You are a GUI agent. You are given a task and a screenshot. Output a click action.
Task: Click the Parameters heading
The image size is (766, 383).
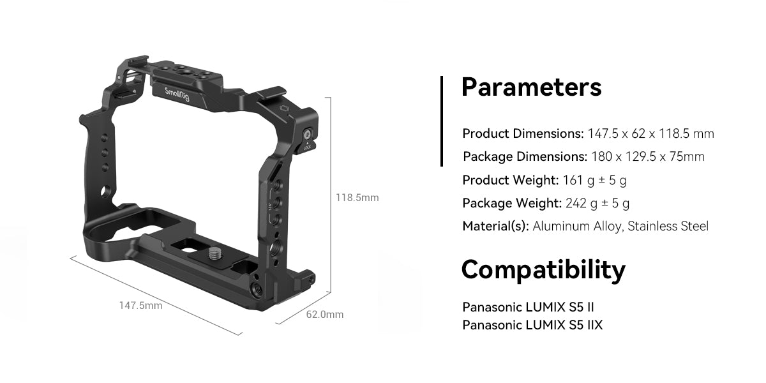point(531,87)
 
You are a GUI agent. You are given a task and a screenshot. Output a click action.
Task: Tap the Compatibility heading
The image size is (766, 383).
point(543,270)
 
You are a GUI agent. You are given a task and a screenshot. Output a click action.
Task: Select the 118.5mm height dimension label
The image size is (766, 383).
point(357,198)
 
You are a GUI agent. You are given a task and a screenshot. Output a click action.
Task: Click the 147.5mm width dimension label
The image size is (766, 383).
point(140,306)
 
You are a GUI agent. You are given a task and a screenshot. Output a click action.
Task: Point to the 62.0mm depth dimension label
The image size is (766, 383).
point(325,314)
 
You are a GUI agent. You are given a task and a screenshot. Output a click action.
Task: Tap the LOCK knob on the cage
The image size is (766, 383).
point(308,135)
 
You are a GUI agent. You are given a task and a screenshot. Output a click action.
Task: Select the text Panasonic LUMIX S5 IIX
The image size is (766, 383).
point(532,325)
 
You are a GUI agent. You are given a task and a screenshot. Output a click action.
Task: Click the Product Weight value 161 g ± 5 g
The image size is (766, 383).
point(594,180)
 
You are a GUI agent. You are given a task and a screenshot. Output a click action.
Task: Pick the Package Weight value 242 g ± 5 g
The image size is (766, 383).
point(597,203)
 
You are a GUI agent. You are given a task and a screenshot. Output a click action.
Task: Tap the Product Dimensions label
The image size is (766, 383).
point(523,133)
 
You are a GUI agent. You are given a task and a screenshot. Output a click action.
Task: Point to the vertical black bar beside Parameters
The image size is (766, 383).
point(441,121)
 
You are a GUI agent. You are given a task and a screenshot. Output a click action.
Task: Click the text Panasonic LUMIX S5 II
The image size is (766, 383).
point(529,307)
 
